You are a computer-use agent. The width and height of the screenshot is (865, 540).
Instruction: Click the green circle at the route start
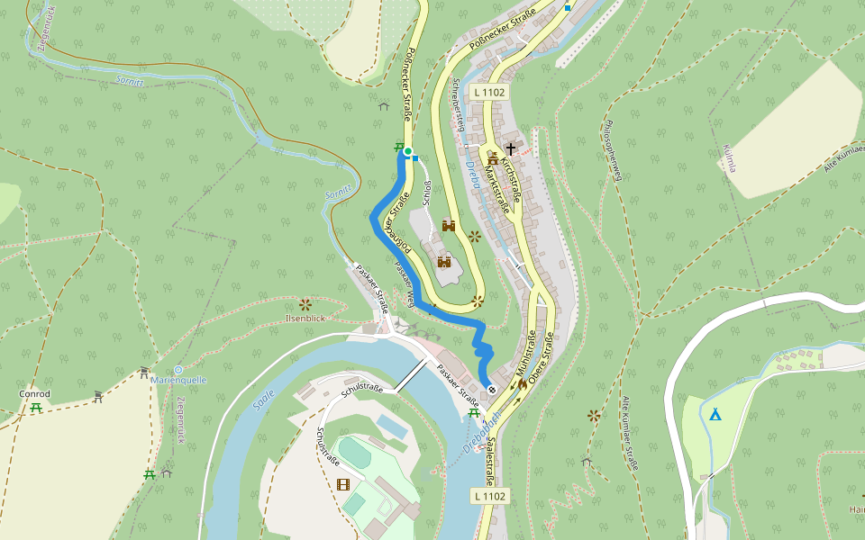click(x=407, y=151)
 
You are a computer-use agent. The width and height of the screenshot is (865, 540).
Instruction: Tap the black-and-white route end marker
click(x=492, y=389)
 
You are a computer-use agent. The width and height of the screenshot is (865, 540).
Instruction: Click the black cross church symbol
click(x=512, y=148)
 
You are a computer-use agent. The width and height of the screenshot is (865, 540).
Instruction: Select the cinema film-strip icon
click(x=342, y=484)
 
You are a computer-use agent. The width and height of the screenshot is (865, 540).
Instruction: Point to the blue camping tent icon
click(x=715, y=414)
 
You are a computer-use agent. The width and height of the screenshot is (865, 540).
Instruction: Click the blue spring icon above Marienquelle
click(x=178, y=370)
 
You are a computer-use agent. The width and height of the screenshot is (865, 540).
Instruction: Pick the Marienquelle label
click(x=178, y=380)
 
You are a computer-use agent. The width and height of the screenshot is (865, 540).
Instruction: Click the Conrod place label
click(x=35, y=394)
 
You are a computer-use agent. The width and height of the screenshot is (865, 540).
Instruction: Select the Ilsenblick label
click(x=304, y=319)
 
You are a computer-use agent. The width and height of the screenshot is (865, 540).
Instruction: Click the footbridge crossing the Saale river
click(x=409, y=375)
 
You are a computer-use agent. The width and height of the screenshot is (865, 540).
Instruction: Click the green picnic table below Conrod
click(x=35, y=408)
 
